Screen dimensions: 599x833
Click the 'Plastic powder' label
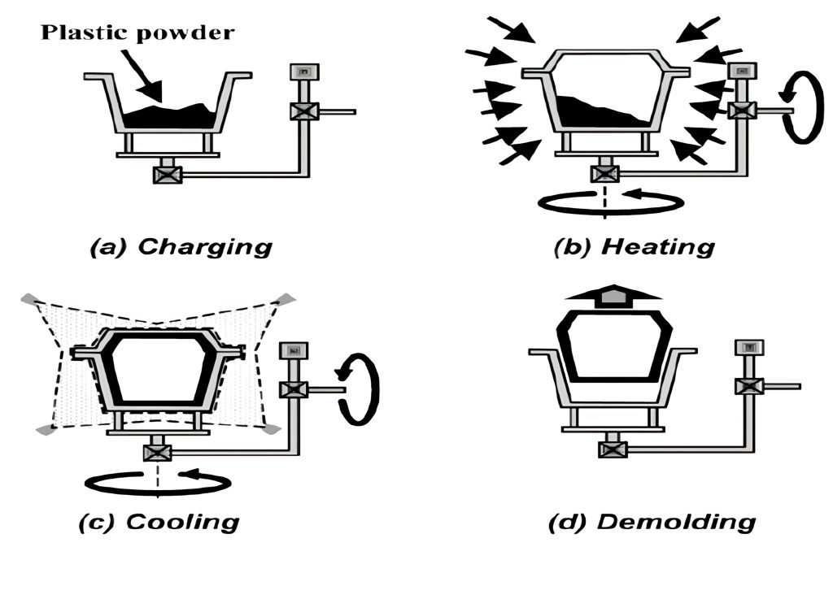tap(137, 33)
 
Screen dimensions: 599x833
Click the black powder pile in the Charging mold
tap(171, 118)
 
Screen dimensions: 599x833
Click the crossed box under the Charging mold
tap(167, 173)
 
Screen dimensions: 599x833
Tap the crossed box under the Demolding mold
tap(612, 446)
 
